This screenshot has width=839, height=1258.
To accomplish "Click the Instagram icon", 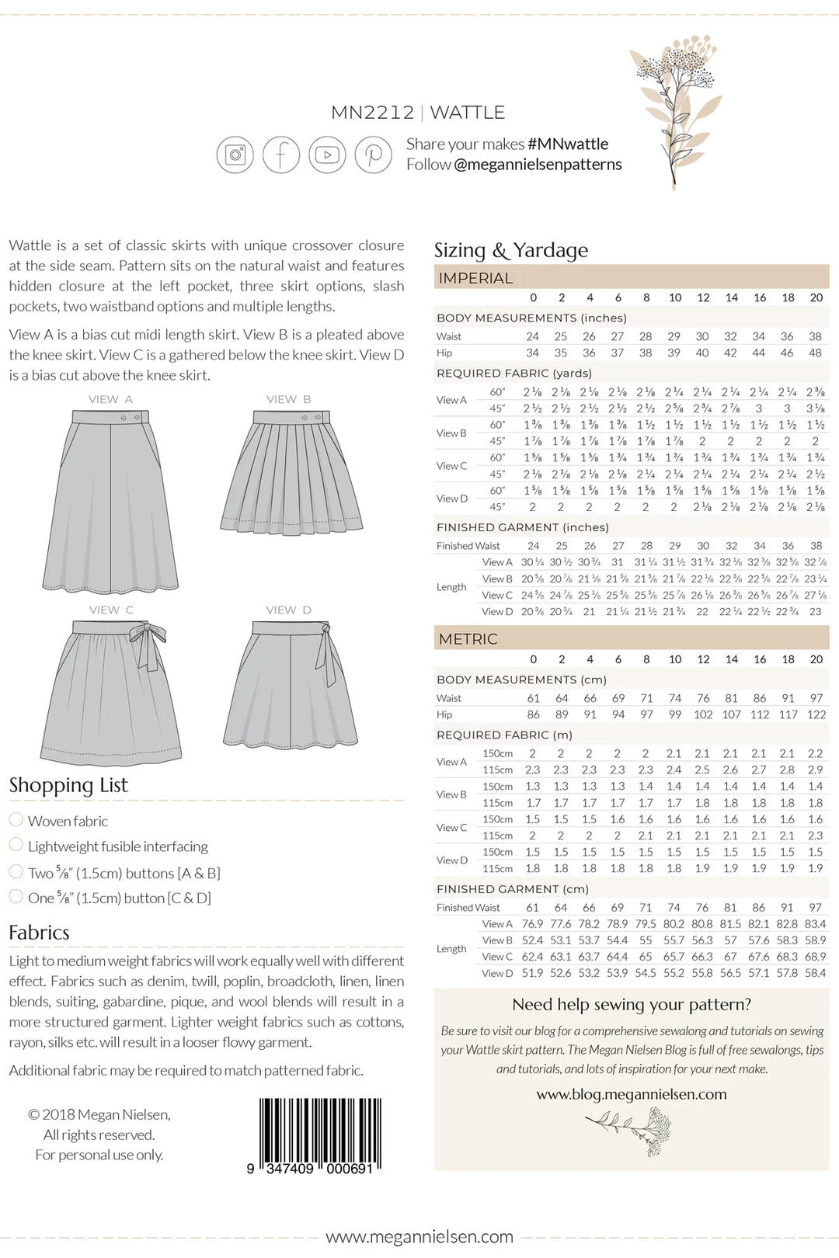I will [x=235, y=155].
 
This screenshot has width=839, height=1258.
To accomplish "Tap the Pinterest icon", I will [x=373, y=155].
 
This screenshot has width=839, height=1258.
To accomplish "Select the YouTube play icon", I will [x=327, y=155].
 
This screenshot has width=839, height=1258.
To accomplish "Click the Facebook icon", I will [x=280, y=155].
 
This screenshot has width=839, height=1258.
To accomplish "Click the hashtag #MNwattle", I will [x=568, y=144].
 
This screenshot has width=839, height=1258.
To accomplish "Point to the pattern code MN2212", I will [x=372, y=113].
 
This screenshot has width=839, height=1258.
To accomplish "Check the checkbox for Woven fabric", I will [x=16, y=819].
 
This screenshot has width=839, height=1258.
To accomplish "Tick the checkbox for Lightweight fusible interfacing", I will [x=16, y=844].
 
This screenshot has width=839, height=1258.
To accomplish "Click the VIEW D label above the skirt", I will [x=288, y=610].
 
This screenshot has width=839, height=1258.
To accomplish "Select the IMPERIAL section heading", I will [x=475, y=278].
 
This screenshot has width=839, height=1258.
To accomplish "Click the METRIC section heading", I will [x=468, y=639].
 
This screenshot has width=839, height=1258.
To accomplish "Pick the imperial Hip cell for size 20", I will [x=815, y=353].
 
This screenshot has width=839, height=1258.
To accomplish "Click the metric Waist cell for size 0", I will [x=533, y=698].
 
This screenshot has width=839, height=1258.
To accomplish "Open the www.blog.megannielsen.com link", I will [x=631, y=1094].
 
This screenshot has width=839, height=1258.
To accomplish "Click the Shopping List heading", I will [x=68, y=785].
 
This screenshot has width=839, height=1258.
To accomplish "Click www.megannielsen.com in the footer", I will [x=419, y=1236].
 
